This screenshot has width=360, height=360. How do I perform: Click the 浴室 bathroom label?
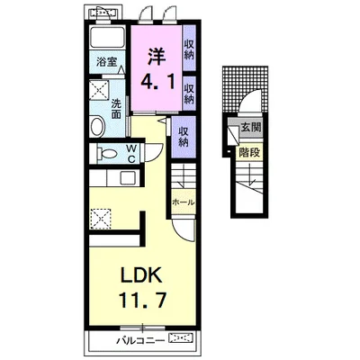pyautogui.click(x=106, y=62)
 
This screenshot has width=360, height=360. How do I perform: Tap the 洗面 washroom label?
pyautogui.click(x=116, y=108)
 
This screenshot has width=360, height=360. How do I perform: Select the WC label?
pyautogui.click(x=131, y=154)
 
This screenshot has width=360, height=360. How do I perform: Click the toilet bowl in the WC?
pyautogui.click(x=107, y=154)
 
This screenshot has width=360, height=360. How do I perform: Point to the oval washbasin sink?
pyautogui.click(x=97, y=126)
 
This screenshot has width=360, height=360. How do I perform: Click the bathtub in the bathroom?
pyautogui.click(x=108, y=37)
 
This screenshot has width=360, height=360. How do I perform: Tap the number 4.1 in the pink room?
pyautogui.click(x=157, y=82)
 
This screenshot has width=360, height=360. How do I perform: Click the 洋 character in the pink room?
pyautogui.click(x=157, y=57)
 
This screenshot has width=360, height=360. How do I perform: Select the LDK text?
pyautogui.click(x=141, y=274)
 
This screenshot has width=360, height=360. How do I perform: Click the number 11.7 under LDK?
pyautogui.click(x=142, y=300)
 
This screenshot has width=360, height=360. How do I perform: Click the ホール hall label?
pyautogui.click(x=183, y=202)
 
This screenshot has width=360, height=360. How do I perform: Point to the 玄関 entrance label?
pyautogui.click(x=251, y=128)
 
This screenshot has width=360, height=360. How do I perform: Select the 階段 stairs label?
pyautogui.click(x=249, y=153)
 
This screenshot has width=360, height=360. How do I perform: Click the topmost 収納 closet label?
pyautogui.click(x=189, y=49)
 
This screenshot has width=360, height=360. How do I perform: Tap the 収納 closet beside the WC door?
pyautogui.click(x=184, y=137)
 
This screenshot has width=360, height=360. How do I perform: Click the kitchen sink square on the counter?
pyautogui.click(x=128, y=178)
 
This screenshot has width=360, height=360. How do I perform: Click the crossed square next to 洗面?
pyautogui.click(x=100, y=89)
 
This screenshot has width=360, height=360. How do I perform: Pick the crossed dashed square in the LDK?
pyautogui.click(x=100, y=219)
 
